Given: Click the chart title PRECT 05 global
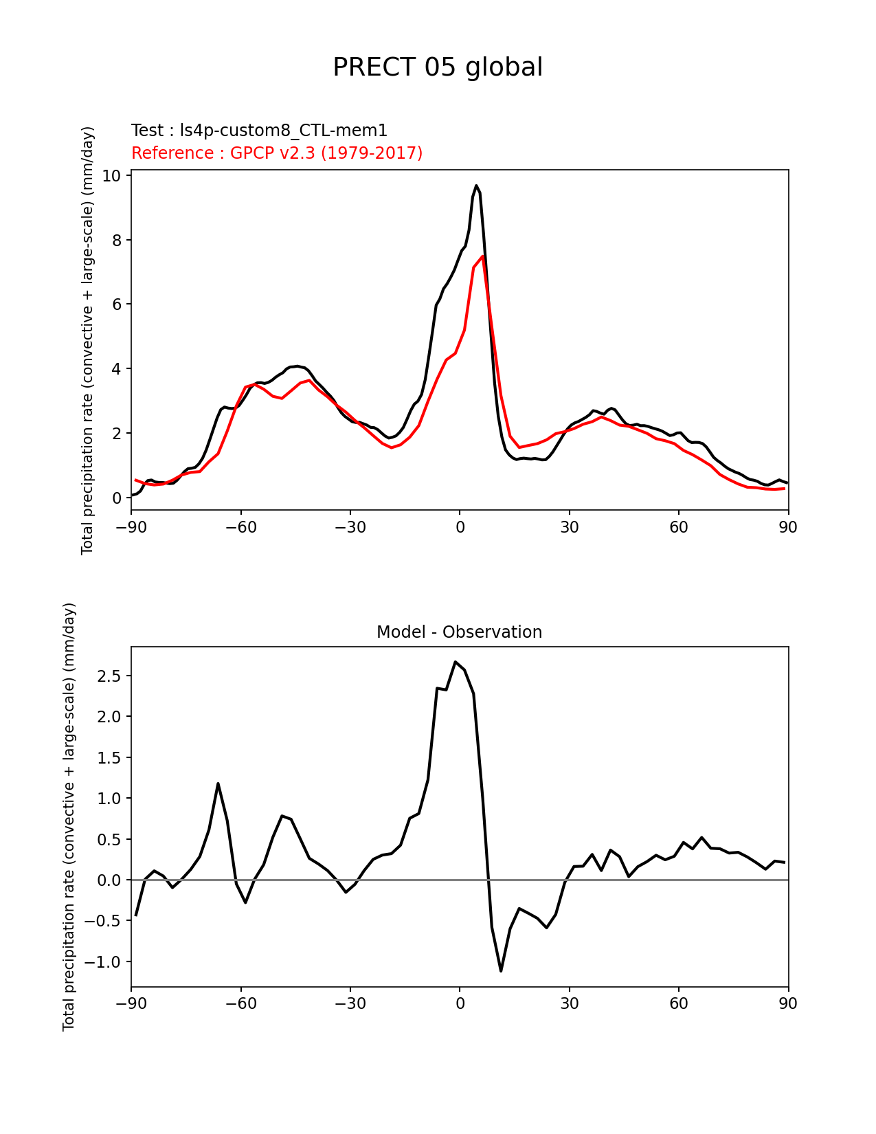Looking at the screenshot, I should [438, 67].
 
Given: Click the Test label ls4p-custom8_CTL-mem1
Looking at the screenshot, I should [259, 131].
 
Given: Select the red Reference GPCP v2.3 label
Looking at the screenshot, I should [277, 153].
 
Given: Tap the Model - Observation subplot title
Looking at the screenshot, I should [459, 632].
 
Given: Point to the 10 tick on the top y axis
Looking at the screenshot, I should [111, 176].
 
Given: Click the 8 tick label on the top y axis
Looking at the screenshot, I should [116, 241].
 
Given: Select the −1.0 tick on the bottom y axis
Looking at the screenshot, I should [103, 962].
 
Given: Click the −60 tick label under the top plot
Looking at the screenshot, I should [240, 527].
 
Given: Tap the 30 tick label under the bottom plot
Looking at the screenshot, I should [569, 1004].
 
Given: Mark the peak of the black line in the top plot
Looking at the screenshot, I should [476, 186].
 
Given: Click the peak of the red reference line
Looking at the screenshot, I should [483, 256].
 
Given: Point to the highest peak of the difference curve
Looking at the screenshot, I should [455, 662].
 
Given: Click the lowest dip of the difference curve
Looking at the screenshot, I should [501, 970].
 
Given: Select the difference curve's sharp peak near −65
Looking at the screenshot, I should [218, 783].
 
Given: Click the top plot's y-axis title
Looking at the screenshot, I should [87, 340].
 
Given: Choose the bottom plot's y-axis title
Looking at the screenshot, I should [69, 816].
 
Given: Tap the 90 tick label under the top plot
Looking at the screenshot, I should [788, 527].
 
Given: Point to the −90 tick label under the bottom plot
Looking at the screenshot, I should [131, 1004].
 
